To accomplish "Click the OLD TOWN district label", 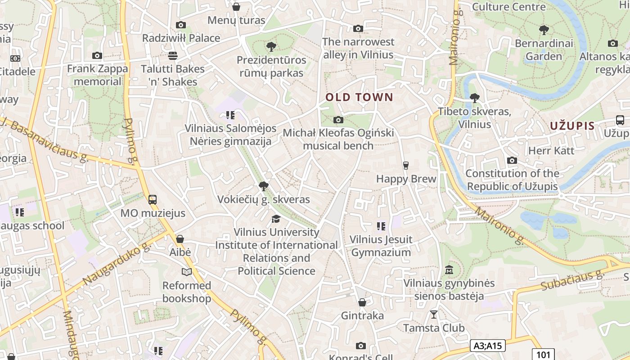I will [359, 97].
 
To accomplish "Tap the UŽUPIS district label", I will [572, 126].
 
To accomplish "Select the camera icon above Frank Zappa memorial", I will [97, 56].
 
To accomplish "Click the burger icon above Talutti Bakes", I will [172, 56].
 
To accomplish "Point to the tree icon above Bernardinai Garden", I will [544, 30].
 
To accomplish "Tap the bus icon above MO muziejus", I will [153, 199].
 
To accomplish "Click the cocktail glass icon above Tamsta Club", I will [434, 314].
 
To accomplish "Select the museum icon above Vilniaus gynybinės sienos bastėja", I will [449, 270].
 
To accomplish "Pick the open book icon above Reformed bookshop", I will [186, 272].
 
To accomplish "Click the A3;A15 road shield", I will [488, 346].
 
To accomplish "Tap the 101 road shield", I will [543, 354].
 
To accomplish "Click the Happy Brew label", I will [406, 179].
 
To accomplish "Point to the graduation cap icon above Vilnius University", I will [276, 219].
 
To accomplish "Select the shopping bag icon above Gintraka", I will [362, 302].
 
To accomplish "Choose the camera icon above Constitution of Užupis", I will [512, 160].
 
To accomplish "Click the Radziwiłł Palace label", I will [181, 38].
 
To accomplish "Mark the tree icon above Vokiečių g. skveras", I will [264, 186].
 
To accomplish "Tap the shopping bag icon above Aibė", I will [180, 239].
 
